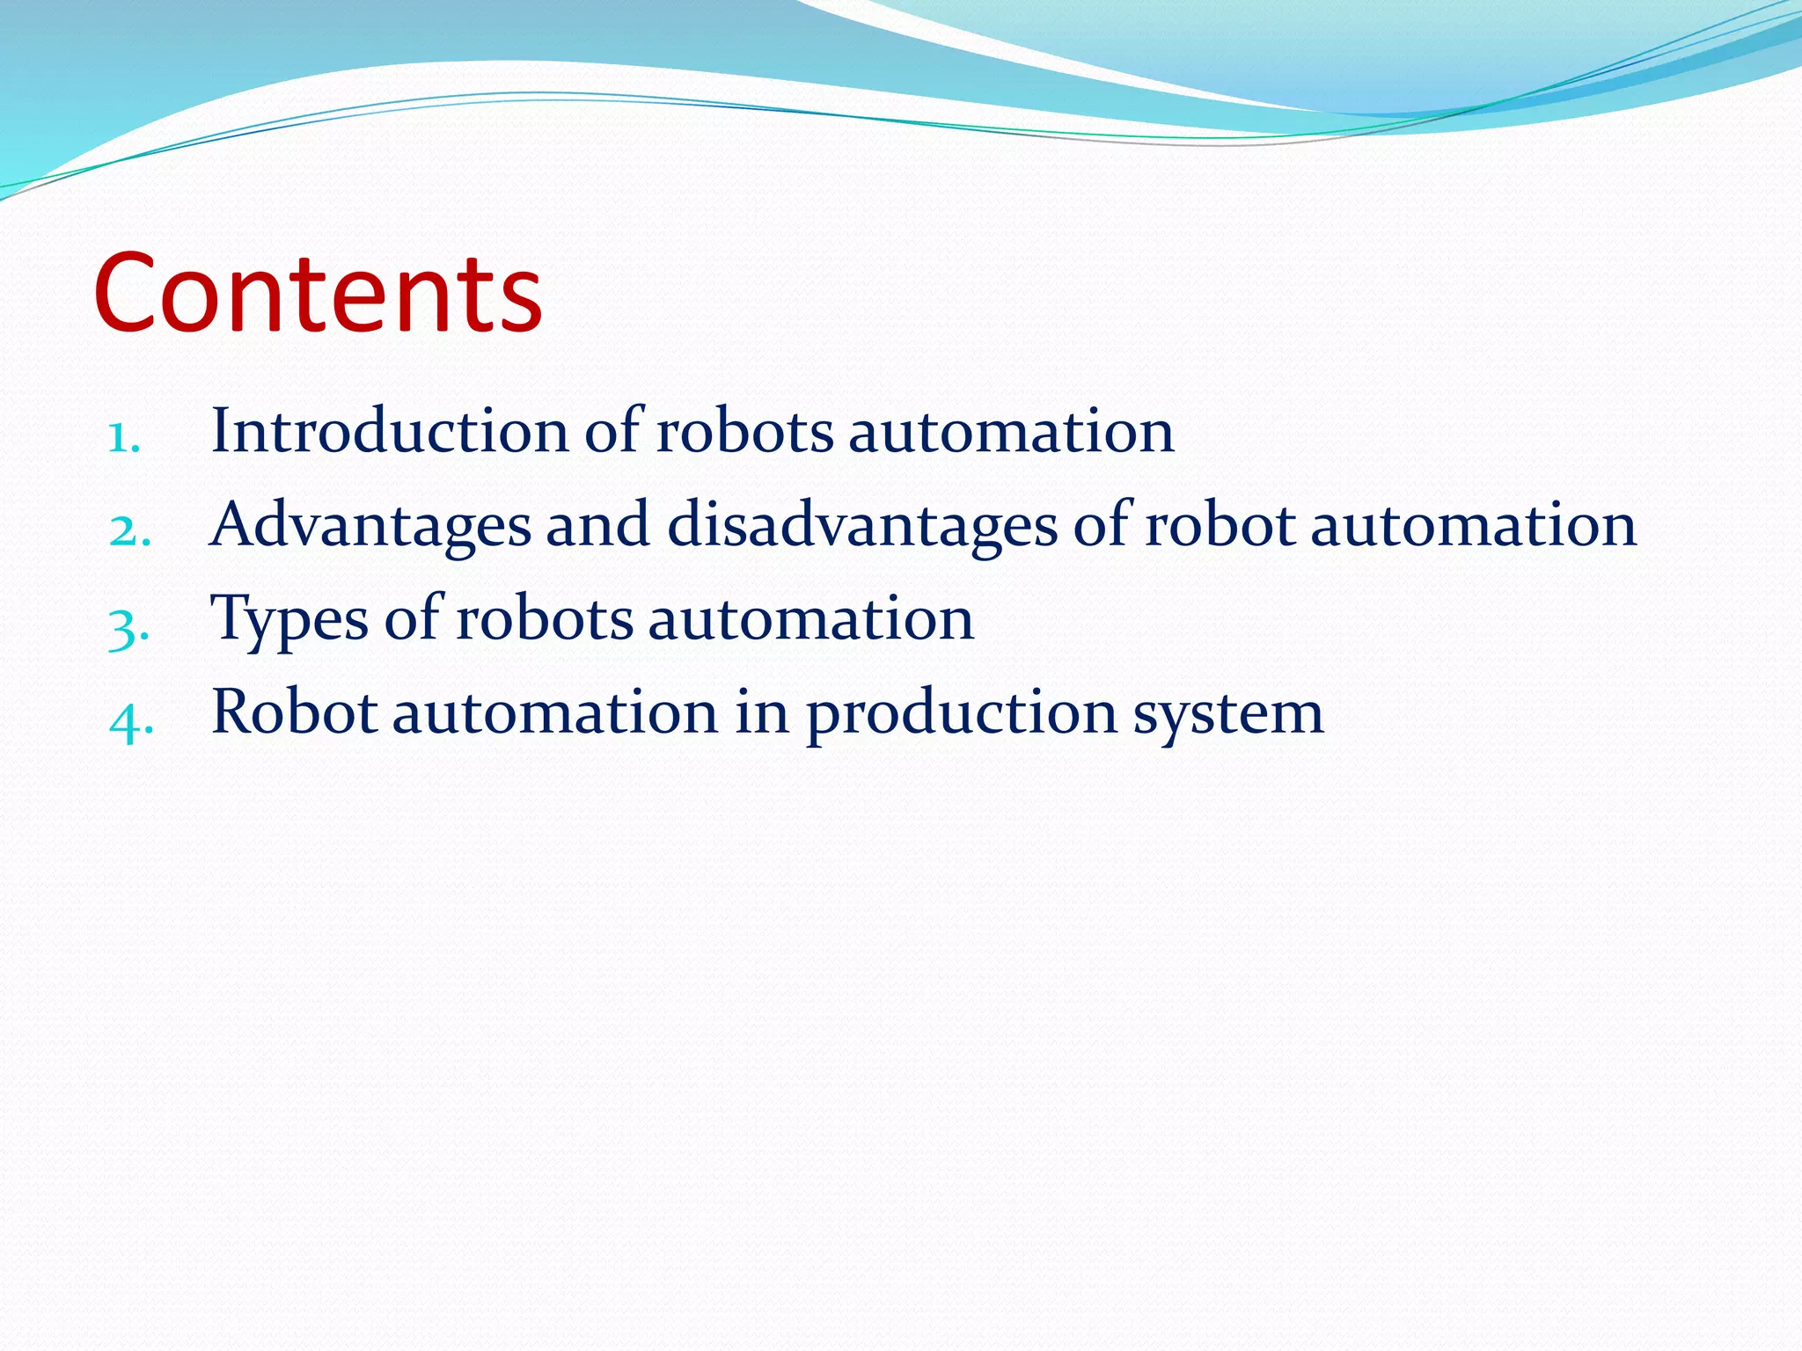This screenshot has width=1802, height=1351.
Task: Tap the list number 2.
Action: (x=130, y=530)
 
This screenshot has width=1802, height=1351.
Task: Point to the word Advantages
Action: (x=370, y=526)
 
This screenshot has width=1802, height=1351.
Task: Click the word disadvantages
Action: (x=862, y=526)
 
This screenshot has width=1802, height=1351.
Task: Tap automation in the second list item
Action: (x=1474, y=525)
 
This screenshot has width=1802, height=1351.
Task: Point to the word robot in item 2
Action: (x=1220, y=525)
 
